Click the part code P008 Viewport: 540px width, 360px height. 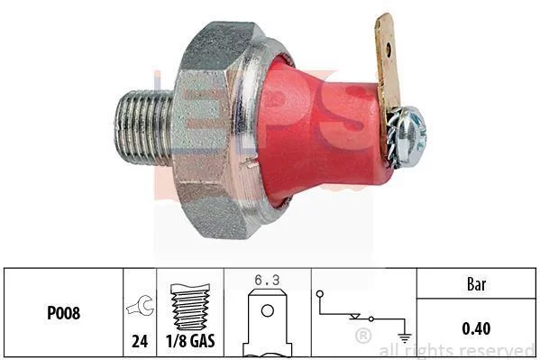coord(63,313)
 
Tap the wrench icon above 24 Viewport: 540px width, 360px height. coord(141,306)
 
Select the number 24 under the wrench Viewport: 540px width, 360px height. coord(140,341)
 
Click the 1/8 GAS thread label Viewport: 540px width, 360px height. coord(190,341)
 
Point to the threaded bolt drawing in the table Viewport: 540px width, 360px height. coord(190,307)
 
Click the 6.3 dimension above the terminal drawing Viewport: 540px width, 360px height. coord(267,280)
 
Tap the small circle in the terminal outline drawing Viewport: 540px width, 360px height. coord(268,310)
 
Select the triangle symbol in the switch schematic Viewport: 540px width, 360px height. coord(354,317)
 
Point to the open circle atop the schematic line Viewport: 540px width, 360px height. coord(320,294)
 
